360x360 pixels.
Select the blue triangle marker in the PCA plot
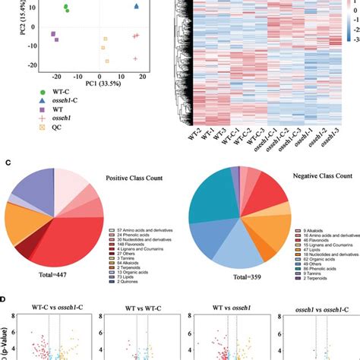[x=136, y=7]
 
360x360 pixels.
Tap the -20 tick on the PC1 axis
[x=57, y=75]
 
